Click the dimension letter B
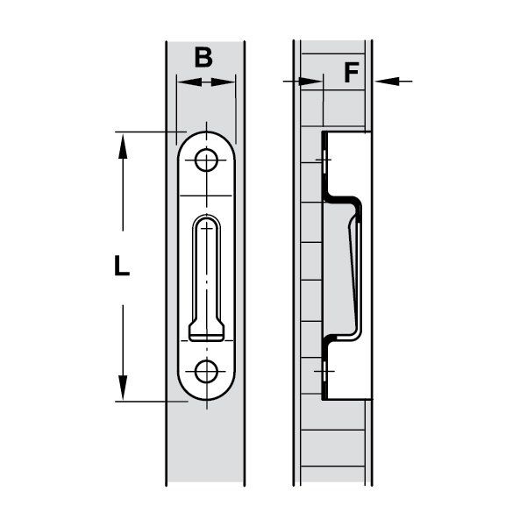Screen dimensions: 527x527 point(203,58)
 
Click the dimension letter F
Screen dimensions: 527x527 point(351,72)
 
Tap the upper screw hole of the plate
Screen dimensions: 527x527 point(207,160)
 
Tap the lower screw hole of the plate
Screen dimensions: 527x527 point(207,371)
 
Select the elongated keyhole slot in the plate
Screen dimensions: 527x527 point(207,272)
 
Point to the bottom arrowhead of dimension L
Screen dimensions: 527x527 point(122,391)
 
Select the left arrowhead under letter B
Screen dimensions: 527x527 point(185,82)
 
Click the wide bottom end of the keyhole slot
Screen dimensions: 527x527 point(207,332)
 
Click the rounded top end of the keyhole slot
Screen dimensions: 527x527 point(207,220)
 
